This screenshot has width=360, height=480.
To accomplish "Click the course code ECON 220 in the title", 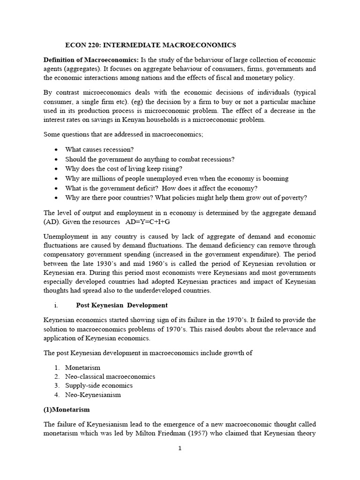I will click(82, 45).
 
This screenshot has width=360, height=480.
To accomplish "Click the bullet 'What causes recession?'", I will click(99, 150).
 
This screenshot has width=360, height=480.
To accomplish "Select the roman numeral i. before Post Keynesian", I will click(56, 305).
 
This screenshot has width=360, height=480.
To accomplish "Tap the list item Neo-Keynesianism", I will click(93, 395).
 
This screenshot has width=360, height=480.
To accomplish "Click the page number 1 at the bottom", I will click(180, 448).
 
